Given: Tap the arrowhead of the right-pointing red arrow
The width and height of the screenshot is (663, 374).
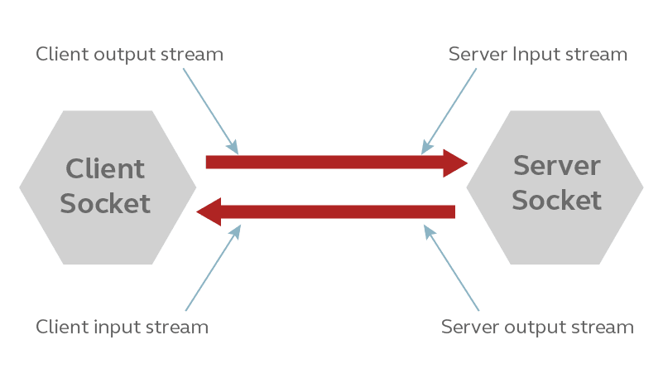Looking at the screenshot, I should point(456,163).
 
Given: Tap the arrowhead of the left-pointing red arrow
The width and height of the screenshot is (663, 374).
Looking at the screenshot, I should point(209,211).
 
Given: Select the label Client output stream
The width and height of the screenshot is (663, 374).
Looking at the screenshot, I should point(129,55).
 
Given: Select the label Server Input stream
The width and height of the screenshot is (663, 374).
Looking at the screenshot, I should point(538,55).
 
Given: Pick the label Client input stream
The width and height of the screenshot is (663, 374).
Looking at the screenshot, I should point(122,327).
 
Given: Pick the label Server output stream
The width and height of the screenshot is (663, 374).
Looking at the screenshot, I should point(537,327).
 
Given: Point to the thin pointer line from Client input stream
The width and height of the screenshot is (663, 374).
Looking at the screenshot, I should point(212,269).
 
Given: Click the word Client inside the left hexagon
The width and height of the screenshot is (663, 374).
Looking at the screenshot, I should point(105,169).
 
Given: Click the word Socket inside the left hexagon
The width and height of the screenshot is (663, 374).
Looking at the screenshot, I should point(105,203).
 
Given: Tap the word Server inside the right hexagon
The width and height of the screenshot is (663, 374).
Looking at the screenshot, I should point(556,166).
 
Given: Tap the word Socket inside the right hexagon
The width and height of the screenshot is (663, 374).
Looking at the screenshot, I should point(556,200).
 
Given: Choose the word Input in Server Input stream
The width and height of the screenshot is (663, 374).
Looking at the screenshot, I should point(534,55).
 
